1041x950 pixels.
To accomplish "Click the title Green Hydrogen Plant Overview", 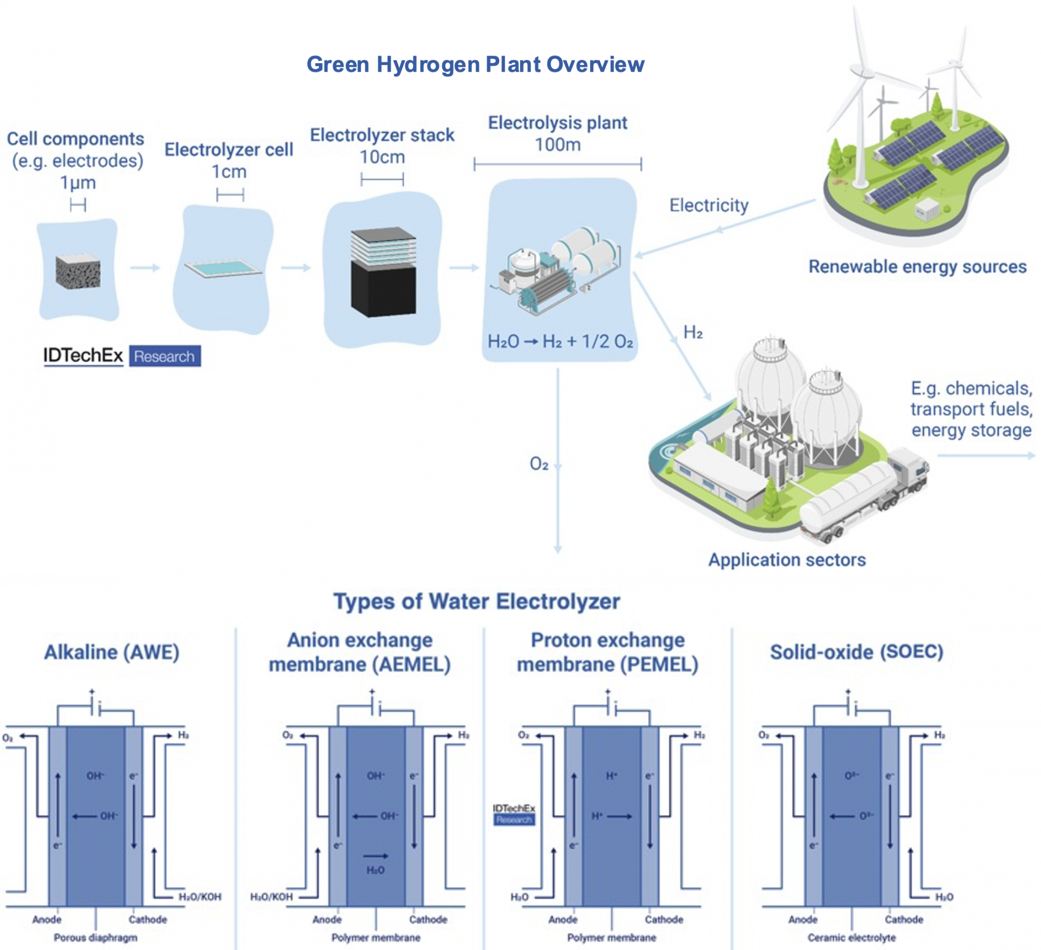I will coord(475,65).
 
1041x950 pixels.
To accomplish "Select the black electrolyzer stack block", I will coord(383,289).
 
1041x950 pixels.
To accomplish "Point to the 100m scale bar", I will coord(557,165).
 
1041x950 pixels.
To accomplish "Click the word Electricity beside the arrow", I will coord(708,206).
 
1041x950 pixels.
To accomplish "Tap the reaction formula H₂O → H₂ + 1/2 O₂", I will coord(560,341).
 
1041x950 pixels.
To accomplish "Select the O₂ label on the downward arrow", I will coord(539,464).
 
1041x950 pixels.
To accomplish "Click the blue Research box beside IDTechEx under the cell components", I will coord(164,356).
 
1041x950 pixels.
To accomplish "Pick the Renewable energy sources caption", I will coord(917,267).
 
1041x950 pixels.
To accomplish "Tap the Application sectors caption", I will coord(786,560).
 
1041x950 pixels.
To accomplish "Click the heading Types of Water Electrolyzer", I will coord(476,602).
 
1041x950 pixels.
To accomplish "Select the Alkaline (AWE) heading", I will coord(112,652).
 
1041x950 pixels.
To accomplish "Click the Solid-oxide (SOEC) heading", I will coord(856,652).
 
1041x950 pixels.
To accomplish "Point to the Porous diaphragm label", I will coord(96,937).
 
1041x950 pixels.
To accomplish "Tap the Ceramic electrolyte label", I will coord(851,937).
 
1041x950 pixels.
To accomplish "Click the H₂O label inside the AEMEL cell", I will coord(375,871).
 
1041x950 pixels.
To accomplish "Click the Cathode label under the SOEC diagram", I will coord(903,920).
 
